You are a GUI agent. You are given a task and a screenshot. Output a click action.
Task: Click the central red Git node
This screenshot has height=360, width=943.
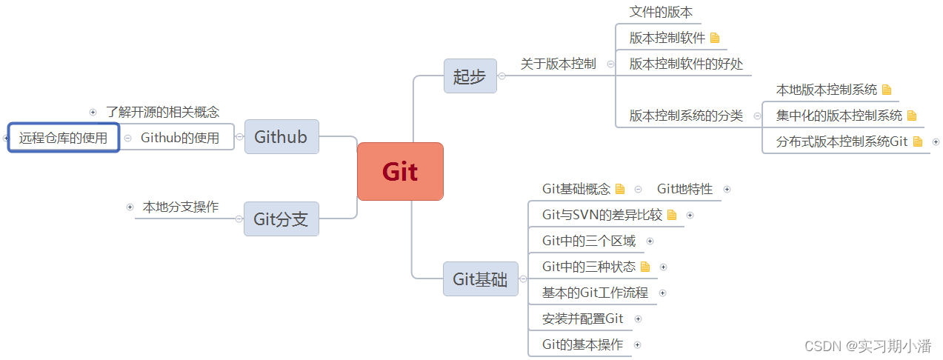pos(400,171)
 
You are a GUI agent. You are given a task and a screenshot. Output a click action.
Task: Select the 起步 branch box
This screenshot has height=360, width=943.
pos(470,76)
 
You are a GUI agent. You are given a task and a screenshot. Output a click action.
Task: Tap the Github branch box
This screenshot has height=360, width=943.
pos(281,137)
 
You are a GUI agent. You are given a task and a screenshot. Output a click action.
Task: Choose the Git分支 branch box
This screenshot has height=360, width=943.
pos(281,219)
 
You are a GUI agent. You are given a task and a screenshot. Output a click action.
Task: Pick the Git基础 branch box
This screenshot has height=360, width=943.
pos(480,279)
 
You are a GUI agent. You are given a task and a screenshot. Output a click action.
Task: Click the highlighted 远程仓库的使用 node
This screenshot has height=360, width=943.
pos(64,138)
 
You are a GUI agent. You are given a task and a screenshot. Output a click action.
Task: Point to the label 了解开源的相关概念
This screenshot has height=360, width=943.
pos(162,113)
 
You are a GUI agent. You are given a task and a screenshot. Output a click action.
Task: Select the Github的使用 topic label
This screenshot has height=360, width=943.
pos(180,138)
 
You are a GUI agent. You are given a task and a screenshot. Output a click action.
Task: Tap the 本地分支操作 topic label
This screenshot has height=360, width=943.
pos(181,207)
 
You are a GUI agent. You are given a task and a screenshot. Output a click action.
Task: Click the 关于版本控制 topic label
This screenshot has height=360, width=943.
pos(558,64)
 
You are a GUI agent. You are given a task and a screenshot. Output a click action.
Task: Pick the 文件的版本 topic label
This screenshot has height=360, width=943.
pos(661,13)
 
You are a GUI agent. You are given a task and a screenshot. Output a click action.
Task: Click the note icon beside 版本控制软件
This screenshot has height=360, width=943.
pos(715,38)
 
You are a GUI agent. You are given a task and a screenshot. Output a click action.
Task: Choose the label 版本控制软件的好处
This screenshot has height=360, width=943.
pos(686,64)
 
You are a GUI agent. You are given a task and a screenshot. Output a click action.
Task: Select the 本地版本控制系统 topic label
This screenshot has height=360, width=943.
pos(826,90)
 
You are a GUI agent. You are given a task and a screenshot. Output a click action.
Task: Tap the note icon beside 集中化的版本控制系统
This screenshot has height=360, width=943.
pos(912,116)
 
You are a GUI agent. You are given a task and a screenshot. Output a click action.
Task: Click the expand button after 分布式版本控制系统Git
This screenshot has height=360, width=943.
pos(936,141)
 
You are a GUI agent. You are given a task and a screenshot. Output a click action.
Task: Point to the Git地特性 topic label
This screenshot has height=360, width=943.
pos(684,189)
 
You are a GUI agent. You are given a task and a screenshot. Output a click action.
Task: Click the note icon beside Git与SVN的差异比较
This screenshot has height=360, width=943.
pos(672,215)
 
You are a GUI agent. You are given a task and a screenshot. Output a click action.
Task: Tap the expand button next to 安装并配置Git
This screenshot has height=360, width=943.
pos(639,319)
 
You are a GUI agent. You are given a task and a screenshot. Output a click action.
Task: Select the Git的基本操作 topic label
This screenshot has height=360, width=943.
pos(582,344)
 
